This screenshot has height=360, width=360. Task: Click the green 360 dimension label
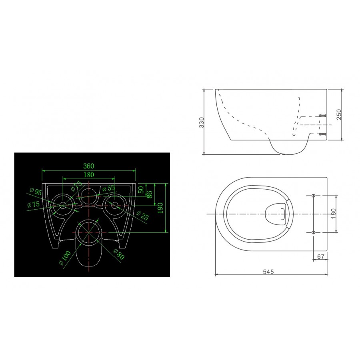tap(89, 166)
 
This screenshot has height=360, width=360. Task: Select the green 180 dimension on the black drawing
tap(89, 175)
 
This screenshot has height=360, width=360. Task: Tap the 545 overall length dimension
tap(268, 272)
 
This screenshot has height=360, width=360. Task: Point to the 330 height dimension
tap(201, 122)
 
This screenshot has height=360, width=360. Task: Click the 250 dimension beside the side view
tap(339, 114)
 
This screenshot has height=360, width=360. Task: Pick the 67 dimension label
tap(320, 256)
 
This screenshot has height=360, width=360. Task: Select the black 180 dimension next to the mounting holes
tap(333, 214)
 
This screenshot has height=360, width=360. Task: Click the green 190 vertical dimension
tap(160, 208)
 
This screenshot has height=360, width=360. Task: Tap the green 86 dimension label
tap(149, 194)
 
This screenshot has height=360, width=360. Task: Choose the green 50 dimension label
tap(141, 190)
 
